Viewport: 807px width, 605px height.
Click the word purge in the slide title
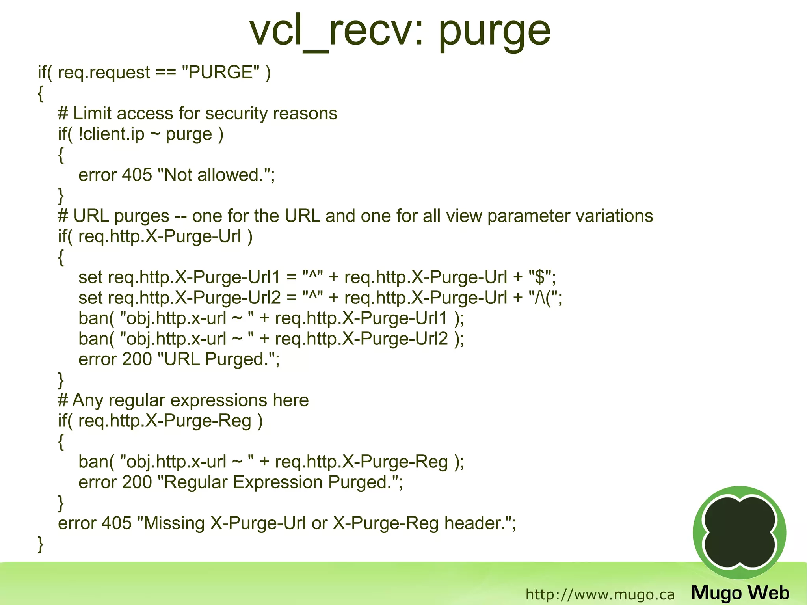click(x=494, y=32)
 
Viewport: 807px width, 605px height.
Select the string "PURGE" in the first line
click(x=221, y=73)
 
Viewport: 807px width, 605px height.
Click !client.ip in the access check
click(x=112, y=134)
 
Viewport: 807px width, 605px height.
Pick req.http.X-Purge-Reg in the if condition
click(x=165, y=421)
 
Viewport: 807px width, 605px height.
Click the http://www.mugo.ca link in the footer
click(x=600, y=594)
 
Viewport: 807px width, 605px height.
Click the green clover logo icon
click(x=739, y=532)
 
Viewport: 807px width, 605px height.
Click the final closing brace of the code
click(x=40, y=544)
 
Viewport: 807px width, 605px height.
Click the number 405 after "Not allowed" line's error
click(x=137, y=175)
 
